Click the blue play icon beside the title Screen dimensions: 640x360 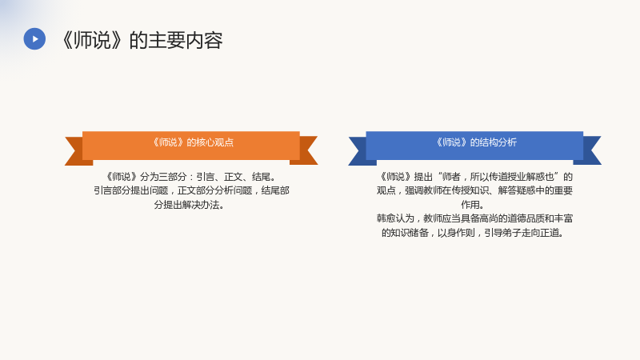point(34,38)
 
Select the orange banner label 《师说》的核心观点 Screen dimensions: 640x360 point(191,142)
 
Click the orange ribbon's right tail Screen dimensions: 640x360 point(306,150)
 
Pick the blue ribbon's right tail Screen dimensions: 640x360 point(589,150)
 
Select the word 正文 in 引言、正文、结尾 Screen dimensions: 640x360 point(233,177)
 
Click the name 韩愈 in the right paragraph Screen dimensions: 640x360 point(386,218)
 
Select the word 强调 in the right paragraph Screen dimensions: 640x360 point(414,190)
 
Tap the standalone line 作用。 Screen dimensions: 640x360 point(473,205)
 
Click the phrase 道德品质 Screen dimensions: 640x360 point(526,218)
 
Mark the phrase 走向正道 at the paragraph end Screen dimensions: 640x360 point(540,233)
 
